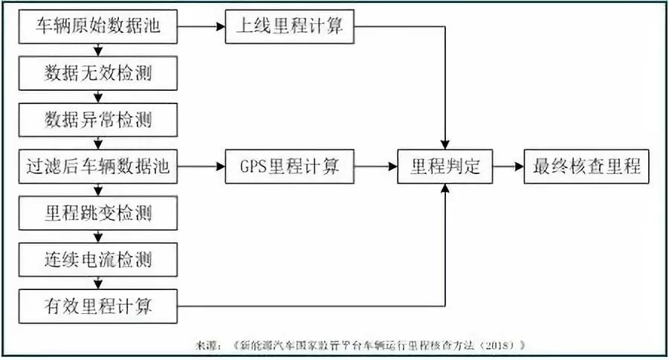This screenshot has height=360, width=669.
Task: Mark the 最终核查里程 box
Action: [x=586, y=167]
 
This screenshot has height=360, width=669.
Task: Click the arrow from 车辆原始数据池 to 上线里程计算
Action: [x=201, y=27]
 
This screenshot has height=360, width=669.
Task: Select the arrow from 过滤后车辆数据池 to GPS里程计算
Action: [x=201, y=167]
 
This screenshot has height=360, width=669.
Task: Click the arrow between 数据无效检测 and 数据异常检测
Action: [x=97, y=97]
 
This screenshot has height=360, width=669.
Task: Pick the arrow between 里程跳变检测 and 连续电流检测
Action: [x=97, y=237]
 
